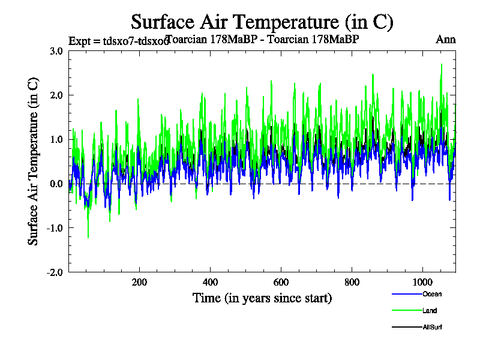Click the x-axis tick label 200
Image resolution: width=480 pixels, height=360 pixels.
(x=139, y=282)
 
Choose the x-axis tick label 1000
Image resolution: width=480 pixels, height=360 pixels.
(x=422, y=282)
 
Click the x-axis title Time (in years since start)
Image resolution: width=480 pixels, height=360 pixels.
(x=262, y=298)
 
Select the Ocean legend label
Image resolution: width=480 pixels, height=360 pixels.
(x=432, y=294)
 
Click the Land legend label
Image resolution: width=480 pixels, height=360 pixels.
(x=430, y=311)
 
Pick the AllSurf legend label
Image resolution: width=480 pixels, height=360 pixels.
(x=433, y=328)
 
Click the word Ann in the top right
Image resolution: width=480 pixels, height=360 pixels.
(x=446, y=40)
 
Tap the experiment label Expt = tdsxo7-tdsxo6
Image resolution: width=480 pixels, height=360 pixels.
(x=118, y=41)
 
